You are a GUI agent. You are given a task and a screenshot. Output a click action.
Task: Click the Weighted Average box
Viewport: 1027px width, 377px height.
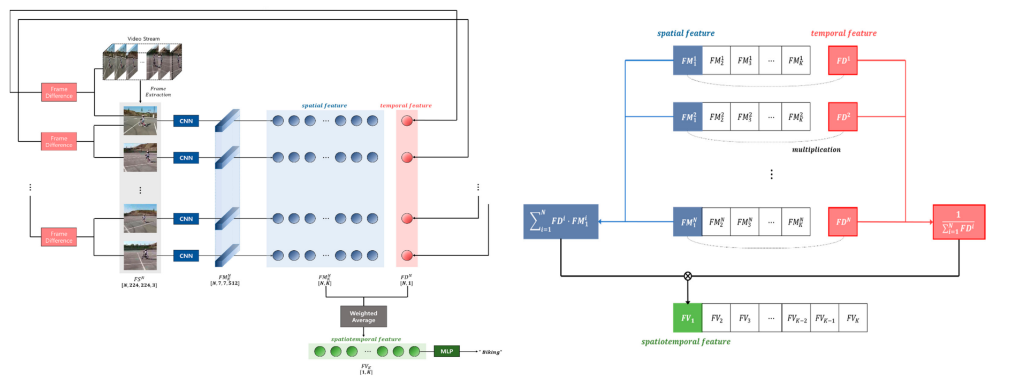click(x=363, y=317)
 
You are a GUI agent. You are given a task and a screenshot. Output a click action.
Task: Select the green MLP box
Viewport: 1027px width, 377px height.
click(x=446, y=351)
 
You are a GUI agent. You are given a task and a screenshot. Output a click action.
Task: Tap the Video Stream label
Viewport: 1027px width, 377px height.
click(x=143, y=39)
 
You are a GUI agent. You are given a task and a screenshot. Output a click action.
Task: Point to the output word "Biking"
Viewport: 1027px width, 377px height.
click(x=491, y=352)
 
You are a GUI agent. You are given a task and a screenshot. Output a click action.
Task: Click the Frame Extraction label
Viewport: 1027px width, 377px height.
click(x=158, y=91)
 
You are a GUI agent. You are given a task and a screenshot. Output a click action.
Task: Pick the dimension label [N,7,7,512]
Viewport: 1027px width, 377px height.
click(x=225, y=283)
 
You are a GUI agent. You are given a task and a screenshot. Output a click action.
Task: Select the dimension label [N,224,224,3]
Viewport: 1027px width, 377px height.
click(x=139, y=285)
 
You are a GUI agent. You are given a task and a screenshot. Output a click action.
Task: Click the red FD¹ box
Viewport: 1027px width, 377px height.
click(x=842, y=60)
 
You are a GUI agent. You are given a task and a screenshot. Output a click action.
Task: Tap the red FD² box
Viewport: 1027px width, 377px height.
click(x=842, y=117)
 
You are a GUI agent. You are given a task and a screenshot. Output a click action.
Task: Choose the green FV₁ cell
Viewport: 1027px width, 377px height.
click(x=687, y=318)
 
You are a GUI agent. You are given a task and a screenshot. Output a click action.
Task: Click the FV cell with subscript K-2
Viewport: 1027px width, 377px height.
click(x=796, y=318)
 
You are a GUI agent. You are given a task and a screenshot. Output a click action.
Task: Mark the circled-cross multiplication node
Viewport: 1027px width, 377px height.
click(x=688, y=276)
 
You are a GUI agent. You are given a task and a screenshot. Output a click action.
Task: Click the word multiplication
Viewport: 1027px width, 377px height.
click(x=816, y=150)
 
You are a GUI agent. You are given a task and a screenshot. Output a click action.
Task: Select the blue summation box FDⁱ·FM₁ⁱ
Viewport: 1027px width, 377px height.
click(x=560, y=221)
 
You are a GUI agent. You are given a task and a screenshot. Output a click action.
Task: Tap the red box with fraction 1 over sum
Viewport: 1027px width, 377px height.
click(x=958, y=222)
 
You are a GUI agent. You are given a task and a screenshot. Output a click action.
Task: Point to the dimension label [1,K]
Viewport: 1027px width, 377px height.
click(x=366, y=372)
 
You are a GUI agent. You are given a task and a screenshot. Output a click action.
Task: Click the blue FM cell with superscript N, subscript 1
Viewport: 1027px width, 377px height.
click(x=688, y=222)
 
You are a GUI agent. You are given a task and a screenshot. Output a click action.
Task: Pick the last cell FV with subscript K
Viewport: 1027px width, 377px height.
click(x=853, y=318)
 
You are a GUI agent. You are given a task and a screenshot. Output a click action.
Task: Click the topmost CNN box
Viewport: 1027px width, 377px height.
click(x=186, y=121)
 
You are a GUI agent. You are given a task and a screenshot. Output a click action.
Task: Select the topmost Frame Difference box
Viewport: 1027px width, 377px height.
click(x=59, y=93)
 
